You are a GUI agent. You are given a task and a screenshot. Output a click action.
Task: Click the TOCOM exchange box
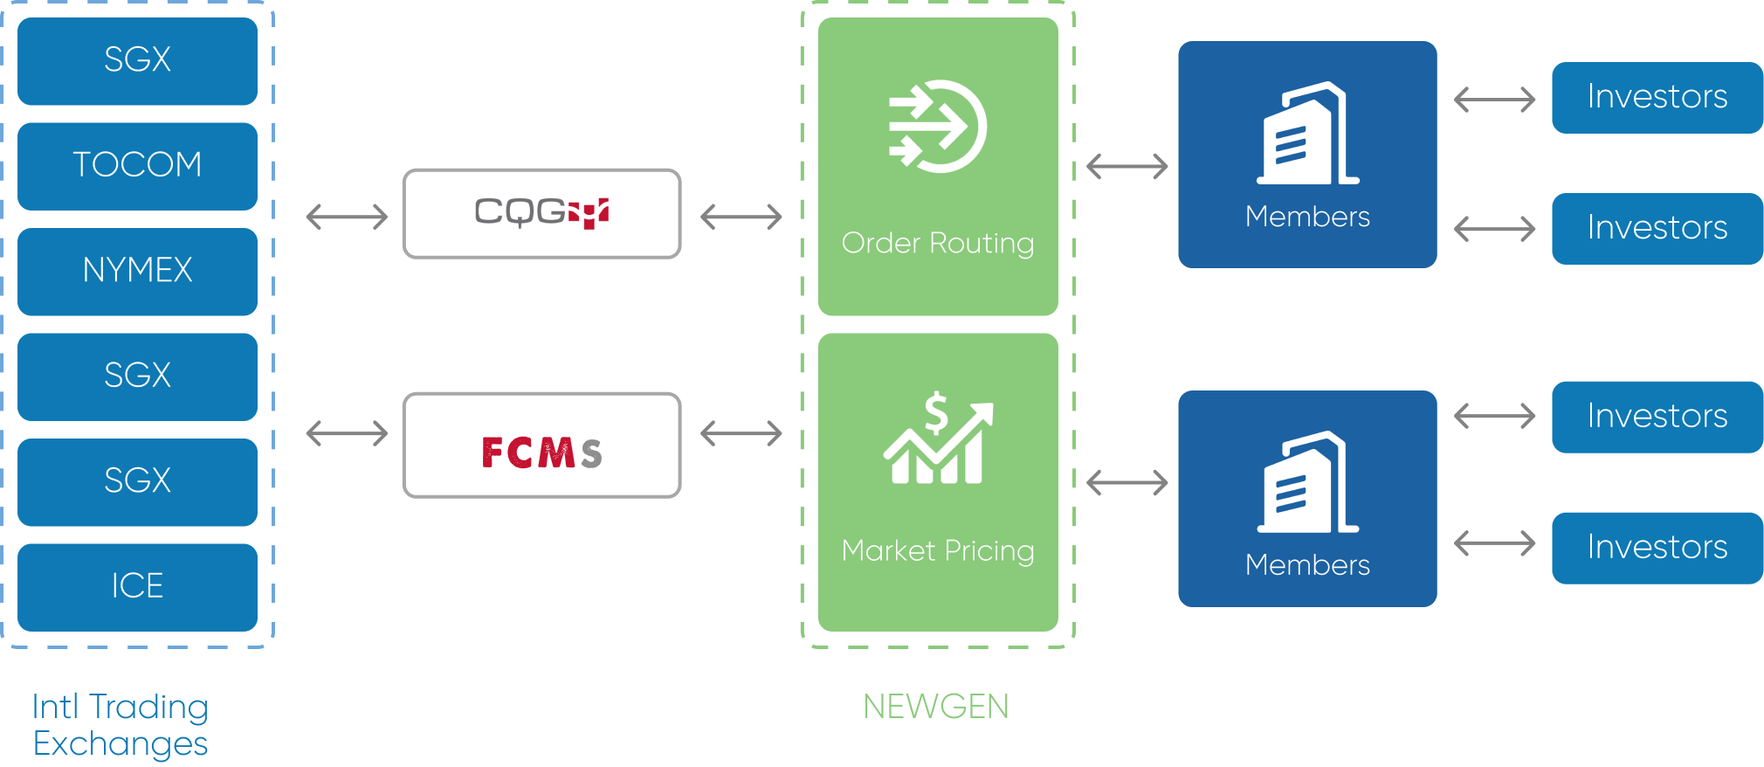click(x=137, y=166)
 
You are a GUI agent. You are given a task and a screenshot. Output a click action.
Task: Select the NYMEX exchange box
click(x=137, y=271)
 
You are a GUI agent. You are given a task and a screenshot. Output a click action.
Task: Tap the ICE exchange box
click(x=137, y=586)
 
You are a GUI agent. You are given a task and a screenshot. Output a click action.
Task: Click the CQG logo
click(x=541, y=212)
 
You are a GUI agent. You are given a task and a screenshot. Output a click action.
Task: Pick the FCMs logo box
click(x=541, y=446)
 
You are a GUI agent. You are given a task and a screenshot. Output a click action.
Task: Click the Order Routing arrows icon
click(x=937, y=127)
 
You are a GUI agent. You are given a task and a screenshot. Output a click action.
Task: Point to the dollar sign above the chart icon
click(x=936, y=412)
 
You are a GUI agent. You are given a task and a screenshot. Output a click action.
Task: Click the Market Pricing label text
click(x=938, y=550)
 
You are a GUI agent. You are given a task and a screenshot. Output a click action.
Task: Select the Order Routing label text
click(x=938, y=243)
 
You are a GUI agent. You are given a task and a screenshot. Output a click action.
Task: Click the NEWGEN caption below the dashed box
click(x=936, y=706)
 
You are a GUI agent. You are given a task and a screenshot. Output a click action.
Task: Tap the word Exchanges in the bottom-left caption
click(x=121, y=744)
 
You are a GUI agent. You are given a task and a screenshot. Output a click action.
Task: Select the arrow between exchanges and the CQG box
click(x=347, y=216)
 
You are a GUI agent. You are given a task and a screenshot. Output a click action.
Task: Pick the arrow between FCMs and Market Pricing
click(x=741, y=432)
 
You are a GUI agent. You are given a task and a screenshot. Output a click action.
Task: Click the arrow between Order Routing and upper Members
click(x=1127, y=166)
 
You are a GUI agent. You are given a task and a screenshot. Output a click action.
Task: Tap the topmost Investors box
click(x=1657, y=97)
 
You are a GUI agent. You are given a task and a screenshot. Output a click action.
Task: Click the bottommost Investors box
click(x=1657, y=548)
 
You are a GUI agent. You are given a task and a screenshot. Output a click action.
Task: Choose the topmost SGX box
click(x=137, y=60)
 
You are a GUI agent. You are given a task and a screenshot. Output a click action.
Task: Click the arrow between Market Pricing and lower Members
click(x=1127, y=481)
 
